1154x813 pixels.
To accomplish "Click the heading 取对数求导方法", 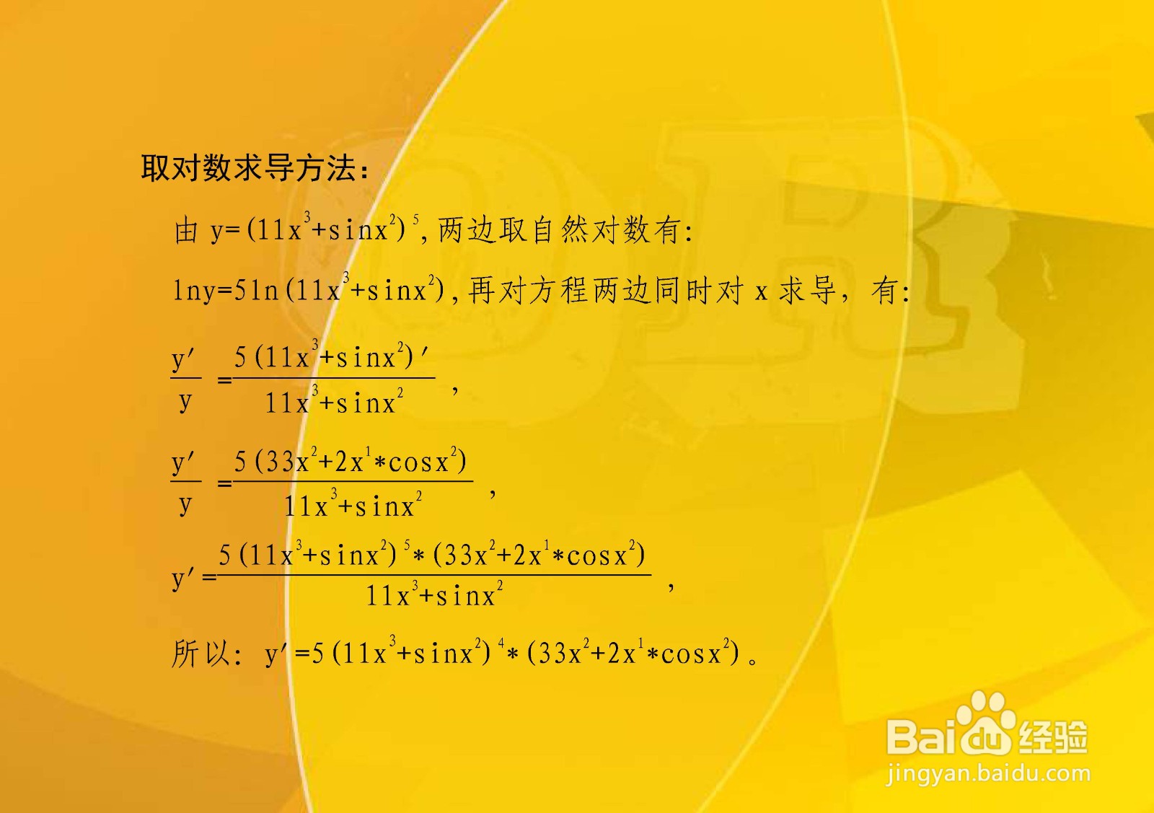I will coord(254,168).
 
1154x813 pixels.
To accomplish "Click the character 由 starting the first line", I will coord(186,231).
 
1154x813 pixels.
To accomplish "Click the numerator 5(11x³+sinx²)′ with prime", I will coord(332,357).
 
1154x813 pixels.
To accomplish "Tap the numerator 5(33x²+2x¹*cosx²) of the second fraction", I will coord(351,462).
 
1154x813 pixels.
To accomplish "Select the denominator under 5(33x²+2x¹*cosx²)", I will coord(353,506).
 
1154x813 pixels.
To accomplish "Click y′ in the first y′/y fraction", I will coord(184,359).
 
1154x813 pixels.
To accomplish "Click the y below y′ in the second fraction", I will coord(185,504).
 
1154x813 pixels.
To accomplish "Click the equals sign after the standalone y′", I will coord(210,577).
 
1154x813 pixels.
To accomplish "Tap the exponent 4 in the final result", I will coord(501,641).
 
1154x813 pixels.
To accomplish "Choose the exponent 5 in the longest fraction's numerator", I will coord(407,544).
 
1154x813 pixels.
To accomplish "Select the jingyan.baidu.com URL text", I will coord(988,774).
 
